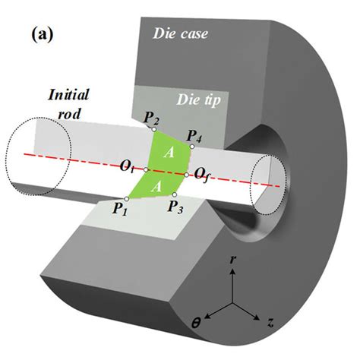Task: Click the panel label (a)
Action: [x=43, y=35]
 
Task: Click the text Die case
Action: [x=181, y=33]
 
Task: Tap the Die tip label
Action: [x=199, y=100]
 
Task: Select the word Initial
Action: [x=68, y=95]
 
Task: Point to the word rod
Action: [x=69, y=114]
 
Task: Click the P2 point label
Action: [x=151, y=118]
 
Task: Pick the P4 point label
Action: [x=194, y=137]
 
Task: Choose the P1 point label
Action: [x=119, y=208]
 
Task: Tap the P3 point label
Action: [x=175, y=207]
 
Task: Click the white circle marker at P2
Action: [x=153, y=129]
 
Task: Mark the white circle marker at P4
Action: [x=192, y=147]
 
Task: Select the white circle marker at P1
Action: [x=127, y=199]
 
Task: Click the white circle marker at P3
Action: [x=175, y=194]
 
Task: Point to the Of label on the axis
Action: [x=202, y=175]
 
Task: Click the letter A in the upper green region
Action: [x=169, y=153]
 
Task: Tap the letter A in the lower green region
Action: [x=156, y=187]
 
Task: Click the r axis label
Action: [x=232, y=260]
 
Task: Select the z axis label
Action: [x=270, y=323]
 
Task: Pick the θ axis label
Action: [x=195, y=324]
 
